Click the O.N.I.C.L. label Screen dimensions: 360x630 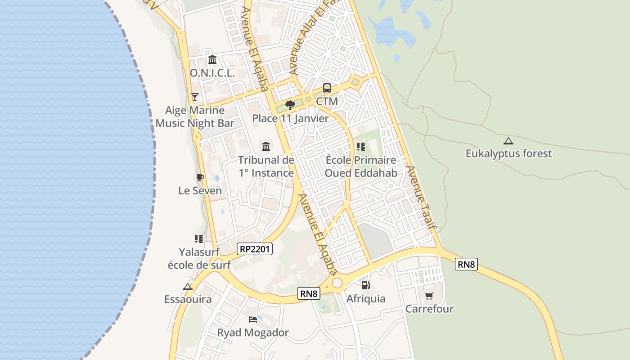pos(212,73)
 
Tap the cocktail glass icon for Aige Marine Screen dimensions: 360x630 pos(195,97)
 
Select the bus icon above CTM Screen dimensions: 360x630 pos(327,88)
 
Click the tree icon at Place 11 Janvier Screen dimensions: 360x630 pos(290,105)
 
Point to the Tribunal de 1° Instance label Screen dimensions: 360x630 pos(266,166)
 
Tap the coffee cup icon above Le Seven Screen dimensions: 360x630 pos(200,177)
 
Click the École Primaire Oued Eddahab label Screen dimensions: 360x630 pos(361,166)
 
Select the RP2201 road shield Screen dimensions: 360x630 pos(255,249)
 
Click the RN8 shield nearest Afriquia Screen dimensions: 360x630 pos(309,294)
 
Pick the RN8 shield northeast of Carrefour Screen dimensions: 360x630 pos(466,264)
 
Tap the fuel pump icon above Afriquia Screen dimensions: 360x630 pos(366,285)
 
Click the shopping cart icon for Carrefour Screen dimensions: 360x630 pos(429,296)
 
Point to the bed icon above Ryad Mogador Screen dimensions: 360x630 pos(253,319)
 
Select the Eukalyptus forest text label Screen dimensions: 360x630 pos(508,153)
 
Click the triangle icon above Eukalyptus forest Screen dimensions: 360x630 pos(508,141)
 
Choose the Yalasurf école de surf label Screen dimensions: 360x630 pos(199,258)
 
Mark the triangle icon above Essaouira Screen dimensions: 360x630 pos(188,287)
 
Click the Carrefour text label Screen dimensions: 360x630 pos(429,309)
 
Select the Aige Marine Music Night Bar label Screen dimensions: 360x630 pos(195,117)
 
